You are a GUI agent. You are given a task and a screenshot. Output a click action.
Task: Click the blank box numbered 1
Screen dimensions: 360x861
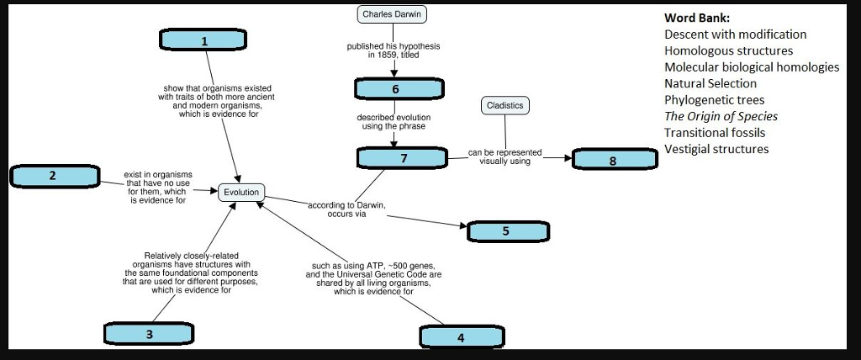point(203,40)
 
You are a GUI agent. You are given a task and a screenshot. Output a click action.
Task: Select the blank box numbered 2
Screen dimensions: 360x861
point(54,176)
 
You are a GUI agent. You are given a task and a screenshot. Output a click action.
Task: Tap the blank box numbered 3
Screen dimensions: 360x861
point(150,334)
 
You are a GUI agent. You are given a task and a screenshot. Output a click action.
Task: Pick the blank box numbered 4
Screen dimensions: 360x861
point(462,337)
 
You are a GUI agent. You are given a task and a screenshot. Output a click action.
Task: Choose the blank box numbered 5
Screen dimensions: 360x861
point(507,231)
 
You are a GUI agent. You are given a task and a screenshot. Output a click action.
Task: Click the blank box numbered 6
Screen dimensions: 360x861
point(394,89)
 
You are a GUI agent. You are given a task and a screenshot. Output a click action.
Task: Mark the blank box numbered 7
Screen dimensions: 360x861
point(403,157)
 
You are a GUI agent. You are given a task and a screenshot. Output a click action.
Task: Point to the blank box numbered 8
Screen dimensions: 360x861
point(614,160)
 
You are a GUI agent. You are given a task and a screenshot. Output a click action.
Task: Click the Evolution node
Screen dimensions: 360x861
point(241,193)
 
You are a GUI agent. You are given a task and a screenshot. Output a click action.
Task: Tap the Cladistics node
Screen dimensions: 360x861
point(504,105)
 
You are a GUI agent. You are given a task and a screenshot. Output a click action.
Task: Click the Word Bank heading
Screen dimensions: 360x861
point(697,18)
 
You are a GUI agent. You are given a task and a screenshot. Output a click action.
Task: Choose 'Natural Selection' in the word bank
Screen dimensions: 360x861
point(710,83)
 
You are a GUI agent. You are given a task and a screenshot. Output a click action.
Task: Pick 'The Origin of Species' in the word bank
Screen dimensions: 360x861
point(721,116)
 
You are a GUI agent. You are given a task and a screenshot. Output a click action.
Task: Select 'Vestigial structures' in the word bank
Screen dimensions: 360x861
point(716,149)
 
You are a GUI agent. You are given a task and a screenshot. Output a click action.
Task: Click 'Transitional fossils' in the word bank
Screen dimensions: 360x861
point(715,132)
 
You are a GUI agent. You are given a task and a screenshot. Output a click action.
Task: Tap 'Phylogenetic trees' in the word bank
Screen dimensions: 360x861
point(714,100)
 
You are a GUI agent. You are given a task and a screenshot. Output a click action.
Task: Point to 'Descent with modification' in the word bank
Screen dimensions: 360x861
point(735,34)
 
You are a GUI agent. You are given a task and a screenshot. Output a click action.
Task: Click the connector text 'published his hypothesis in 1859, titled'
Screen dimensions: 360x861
point(394,50)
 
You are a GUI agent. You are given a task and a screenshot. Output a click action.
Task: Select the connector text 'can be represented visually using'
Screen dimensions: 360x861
point(504,156)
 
